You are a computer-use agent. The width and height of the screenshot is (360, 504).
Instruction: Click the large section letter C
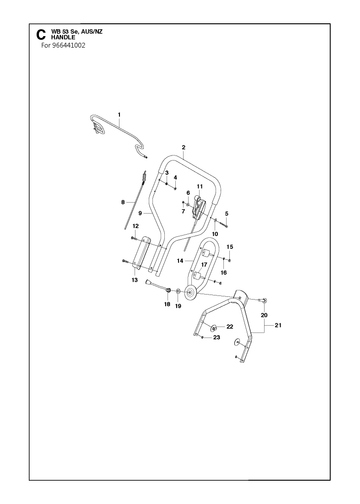click(x=40, y=35)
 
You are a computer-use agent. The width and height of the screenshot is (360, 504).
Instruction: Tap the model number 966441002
click(x=69, y=45)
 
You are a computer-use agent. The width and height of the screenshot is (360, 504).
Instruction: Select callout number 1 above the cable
click(x=119, y=115)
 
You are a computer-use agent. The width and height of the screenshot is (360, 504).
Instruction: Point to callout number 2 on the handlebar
click(x=183, y=147)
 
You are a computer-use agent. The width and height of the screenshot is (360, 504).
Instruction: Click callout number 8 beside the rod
click(x=123, y=202)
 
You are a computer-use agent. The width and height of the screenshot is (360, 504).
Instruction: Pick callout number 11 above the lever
click(x=200, y=186)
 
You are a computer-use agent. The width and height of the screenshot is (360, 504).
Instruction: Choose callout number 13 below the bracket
click(x=134, y=280)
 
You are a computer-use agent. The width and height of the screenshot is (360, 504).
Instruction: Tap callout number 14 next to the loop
click(x=180, y=261)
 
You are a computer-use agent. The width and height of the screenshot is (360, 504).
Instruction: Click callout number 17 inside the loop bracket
click(x=204, y=265)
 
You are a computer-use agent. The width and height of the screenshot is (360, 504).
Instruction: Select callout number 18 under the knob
click(x=167, y=304)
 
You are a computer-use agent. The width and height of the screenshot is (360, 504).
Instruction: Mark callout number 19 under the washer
click(x=178, y=306)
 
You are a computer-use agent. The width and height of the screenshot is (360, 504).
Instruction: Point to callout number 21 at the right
click(x=278, y=325)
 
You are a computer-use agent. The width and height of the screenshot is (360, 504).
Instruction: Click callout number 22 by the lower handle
click(x=230, y=327)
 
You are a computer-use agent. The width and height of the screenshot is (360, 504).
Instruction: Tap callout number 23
click(x=217, y=337)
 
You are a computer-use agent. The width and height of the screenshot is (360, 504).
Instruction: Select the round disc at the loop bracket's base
click(x=191, y=292)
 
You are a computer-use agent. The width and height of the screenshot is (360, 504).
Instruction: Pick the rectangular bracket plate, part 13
click(x=141, y=254)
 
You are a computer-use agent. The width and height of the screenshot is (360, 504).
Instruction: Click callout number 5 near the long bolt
click(x=227, y=213)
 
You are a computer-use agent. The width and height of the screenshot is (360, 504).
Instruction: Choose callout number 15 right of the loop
click(x=230, y=247)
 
